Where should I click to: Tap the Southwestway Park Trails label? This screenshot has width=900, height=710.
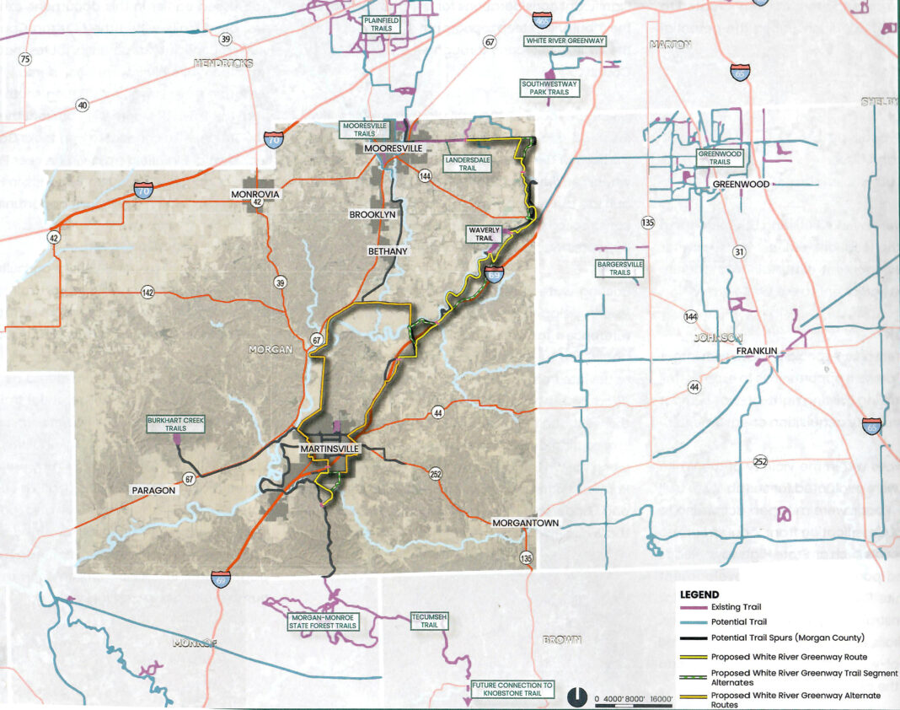tap(545, 89)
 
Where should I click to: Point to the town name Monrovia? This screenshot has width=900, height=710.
tap(254, 195)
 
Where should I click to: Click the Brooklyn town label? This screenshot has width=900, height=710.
tap(372, 215)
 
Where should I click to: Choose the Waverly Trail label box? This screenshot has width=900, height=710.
tap(483, 234)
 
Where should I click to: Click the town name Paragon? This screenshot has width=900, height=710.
tap(152, 490)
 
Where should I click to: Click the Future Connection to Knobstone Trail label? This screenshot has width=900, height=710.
tap(512, 690)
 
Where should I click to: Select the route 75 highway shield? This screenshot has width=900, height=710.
tap(24, 59)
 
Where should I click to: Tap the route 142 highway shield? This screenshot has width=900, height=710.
tap(148, 293)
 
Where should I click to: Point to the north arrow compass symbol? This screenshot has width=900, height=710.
tap(576, 697)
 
